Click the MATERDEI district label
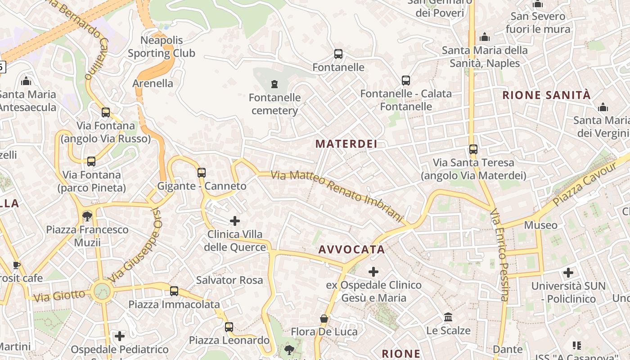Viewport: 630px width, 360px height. point(346,144)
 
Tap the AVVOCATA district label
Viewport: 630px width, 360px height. point(351,249)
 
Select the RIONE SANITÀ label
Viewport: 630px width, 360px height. point(546,95)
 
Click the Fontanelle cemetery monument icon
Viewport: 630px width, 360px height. point(274,84)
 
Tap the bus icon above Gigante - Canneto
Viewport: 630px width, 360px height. point(202,172)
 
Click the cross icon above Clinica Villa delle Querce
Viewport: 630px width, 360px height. point(235,220)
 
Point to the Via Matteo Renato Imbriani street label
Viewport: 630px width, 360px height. point(337,196)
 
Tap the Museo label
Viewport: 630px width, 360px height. point(540,225)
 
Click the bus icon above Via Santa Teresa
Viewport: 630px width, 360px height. point(473,149)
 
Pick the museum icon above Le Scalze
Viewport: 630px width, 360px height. point(448,317)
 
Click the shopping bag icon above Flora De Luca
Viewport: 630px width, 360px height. point(324,319)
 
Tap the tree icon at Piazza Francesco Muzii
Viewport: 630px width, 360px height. point(87,216)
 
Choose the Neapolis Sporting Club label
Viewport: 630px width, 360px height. point(162,47)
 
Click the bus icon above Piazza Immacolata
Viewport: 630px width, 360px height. point(174,291)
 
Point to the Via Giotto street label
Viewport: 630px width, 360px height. point(59,296)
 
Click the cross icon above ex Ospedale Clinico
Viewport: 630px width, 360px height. point(373,271)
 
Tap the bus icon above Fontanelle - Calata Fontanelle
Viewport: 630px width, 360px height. point(406,81)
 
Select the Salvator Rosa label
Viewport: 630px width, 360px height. point(229,280)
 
